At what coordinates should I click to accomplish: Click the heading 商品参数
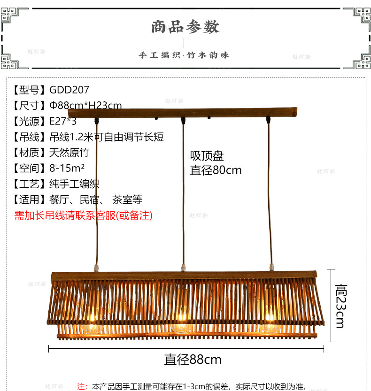185,27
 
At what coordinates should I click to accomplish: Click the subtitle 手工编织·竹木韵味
184,55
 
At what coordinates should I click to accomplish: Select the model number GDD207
69,90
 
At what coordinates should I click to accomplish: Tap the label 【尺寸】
30,106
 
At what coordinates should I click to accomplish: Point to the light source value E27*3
63,121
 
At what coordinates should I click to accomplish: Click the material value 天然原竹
69,153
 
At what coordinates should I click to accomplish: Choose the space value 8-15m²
67,168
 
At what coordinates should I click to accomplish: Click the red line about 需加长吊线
84,215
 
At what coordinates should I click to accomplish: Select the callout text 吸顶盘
207,156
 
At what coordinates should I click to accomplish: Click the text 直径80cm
216,170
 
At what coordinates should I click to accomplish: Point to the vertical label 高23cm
340,306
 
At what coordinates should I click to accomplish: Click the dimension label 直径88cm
193,360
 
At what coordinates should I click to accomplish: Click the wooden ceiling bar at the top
183,113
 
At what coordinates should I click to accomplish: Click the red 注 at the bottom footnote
82,386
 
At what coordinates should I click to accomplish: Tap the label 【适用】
30,200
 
